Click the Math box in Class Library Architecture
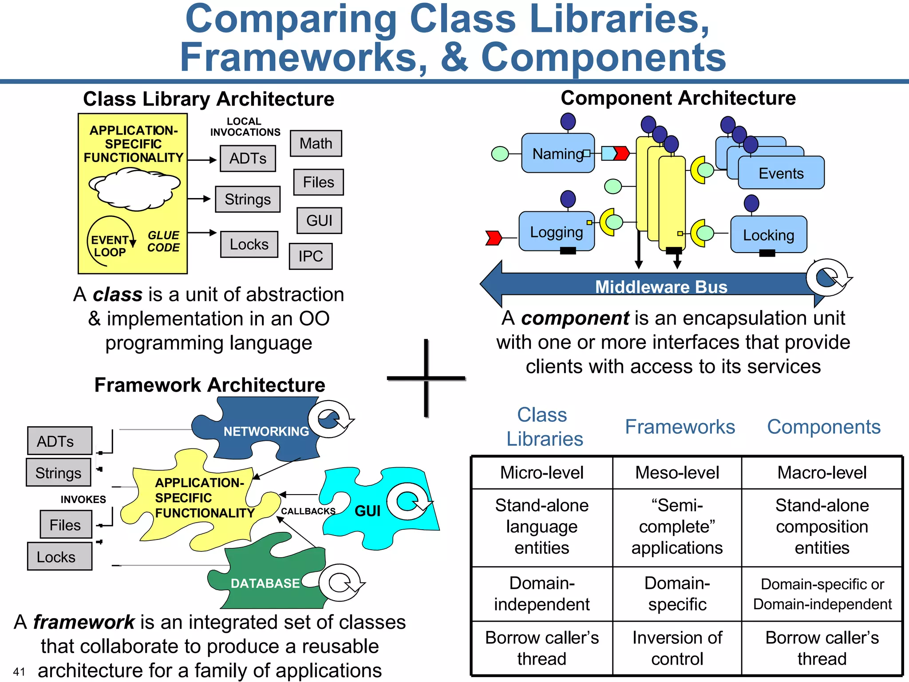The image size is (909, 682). pos(316,143)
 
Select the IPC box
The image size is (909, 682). pos(310,256)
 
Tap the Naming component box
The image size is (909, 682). pos(557,154)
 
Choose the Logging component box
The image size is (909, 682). pos(556,232)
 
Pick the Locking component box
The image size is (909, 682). pos(768,235)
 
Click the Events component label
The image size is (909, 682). pos(781,173)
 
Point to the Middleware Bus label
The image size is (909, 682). pos(661,287)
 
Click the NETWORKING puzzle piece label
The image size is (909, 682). pos(266,431)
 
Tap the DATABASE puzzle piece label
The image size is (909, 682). pos(265,583)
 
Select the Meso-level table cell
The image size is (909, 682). pos(677,472)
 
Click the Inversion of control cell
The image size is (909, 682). pos(677,648)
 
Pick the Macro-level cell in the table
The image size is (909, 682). pos(822,472)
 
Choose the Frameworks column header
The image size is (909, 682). pos(680,427)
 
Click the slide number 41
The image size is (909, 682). pos(19,671)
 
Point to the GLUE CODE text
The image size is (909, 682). pos(163,242)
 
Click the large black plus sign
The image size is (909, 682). pos(426,378)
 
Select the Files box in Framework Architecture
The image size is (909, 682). pos(65,525)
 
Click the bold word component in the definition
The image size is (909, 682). pos(575,318)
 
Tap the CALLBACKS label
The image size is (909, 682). pos(308,511)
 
